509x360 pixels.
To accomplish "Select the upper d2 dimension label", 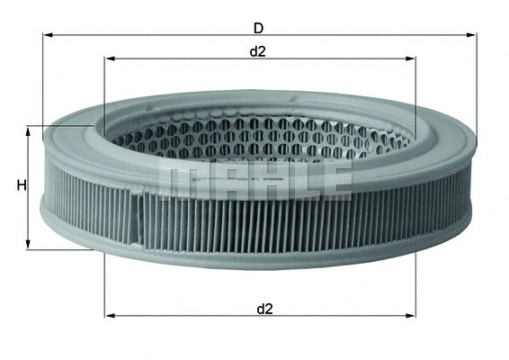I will click(258, 50).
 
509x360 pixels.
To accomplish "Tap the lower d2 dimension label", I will click(263, 308).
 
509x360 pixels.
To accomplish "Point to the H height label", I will click(20, 186).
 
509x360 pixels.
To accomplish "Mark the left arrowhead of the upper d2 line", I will click(110, 60).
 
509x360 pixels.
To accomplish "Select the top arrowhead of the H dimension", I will click(31, 130).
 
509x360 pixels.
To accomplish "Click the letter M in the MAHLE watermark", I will click(179, 179).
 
